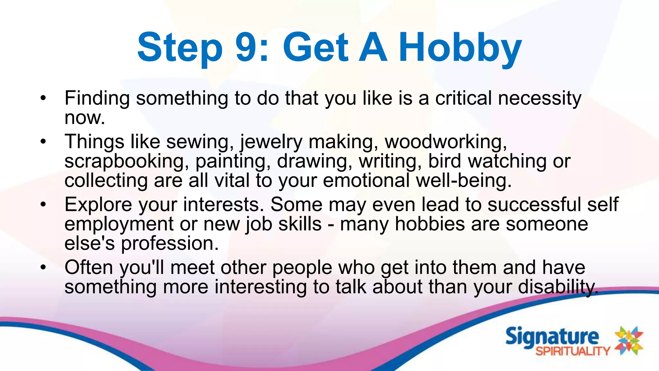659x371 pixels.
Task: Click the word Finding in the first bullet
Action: pos(97,98)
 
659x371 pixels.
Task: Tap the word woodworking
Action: pos(446,142)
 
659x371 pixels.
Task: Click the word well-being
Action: pos(463,181)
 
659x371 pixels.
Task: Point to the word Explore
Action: pos(98,205)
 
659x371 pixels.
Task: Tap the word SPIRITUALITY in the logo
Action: pos(572,351)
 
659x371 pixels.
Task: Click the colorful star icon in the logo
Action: pos(629,340)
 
